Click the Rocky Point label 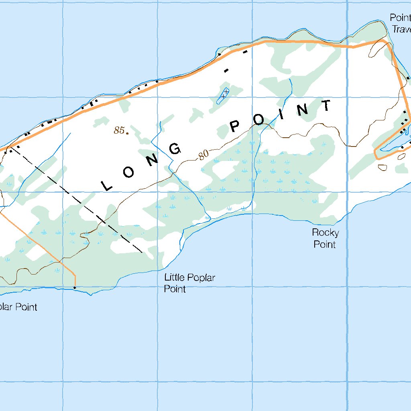[325, 238]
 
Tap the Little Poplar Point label [189, 283]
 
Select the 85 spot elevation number [119, 130]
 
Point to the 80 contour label [204, 155]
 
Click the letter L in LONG [106, 185]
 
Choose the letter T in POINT [327, 106]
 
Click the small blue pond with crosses [224, 96]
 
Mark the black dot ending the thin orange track [75, 287]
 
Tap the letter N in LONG [153, 160]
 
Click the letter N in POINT [304, 109]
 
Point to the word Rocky [325, 232]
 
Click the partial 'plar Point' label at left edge [18, 307]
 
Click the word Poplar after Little [200, 278]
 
